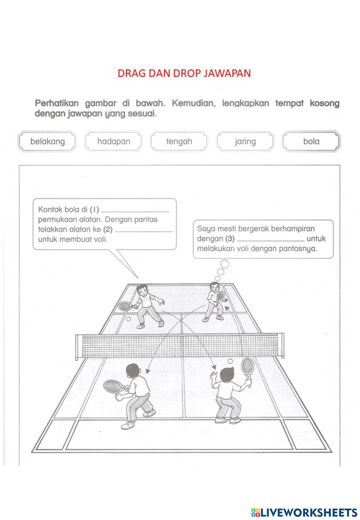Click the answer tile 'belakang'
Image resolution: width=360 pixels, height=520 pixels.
coord(48,142)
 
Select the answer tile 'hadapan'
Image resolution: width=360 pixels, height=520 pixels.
coord(114,142)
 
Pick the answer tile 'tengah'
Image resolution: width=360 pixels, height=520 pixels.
coord(179,142)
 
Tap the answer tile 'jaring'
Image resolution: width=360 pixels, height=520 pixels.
coord(245,142)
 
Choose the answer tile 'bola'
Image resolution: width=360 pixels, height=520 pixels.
coord(311,142)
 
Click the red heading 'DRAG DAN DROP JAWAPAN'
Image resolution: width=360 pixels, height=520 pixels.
coord(184,73)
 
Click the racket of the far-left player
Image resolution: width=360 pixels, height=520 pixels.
coord(125,306)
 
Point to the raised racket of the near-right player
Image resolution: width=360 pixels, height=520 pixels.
coord(247,366)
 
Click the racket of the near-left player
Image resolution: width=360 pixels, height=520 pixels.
coord(111,386)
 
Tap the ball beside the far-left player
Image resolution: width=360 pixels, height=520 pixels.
coord(128,319)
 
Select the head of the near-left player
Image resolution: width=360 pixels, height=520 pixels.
coord(132,371)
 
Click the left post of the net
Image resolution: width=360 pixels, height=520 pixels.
coord(77,348)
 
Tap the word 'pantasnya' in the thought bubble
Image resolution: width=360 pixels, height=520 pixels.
coord(301,249)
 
